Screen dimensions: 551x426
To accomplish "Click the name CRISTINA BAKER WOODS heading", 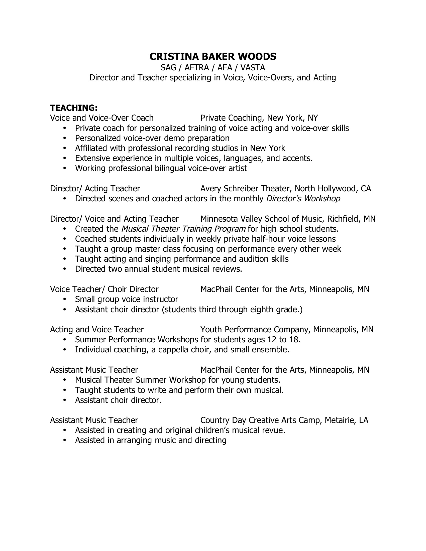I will (213, 57).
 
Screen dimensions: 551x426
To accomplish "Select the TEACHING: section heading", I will (74, 108).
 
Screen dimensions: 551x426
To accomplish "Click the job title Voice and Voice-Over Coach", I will (102, 118).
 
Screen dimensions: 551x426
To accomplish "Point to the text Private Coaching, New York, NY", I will (259, 118).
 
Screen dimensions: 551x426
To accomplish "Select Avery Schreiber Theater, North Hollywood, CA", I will (285, 188).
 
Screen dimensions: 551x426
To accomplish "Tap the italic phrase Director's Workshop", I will (303, 199).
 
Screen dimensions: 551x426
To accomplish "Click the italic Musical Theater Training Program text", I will (183, 229).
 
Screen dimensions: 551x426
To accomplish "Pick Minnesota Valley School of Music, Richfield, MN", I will (288, 219).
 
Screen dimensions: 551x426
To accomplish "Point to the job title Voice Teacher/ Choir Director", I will (104, 289).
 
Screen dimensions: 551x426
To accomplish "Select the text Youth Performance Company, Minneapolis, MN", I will (287, 330).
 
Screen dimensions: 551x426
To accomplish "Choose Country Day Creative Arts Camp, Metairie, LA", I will (284, 420).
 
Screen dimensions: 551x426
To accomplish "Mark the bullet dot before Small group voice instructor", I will (65, 300).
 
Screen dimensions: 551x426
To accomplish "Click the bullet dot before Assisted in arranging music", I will (65, 441).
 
